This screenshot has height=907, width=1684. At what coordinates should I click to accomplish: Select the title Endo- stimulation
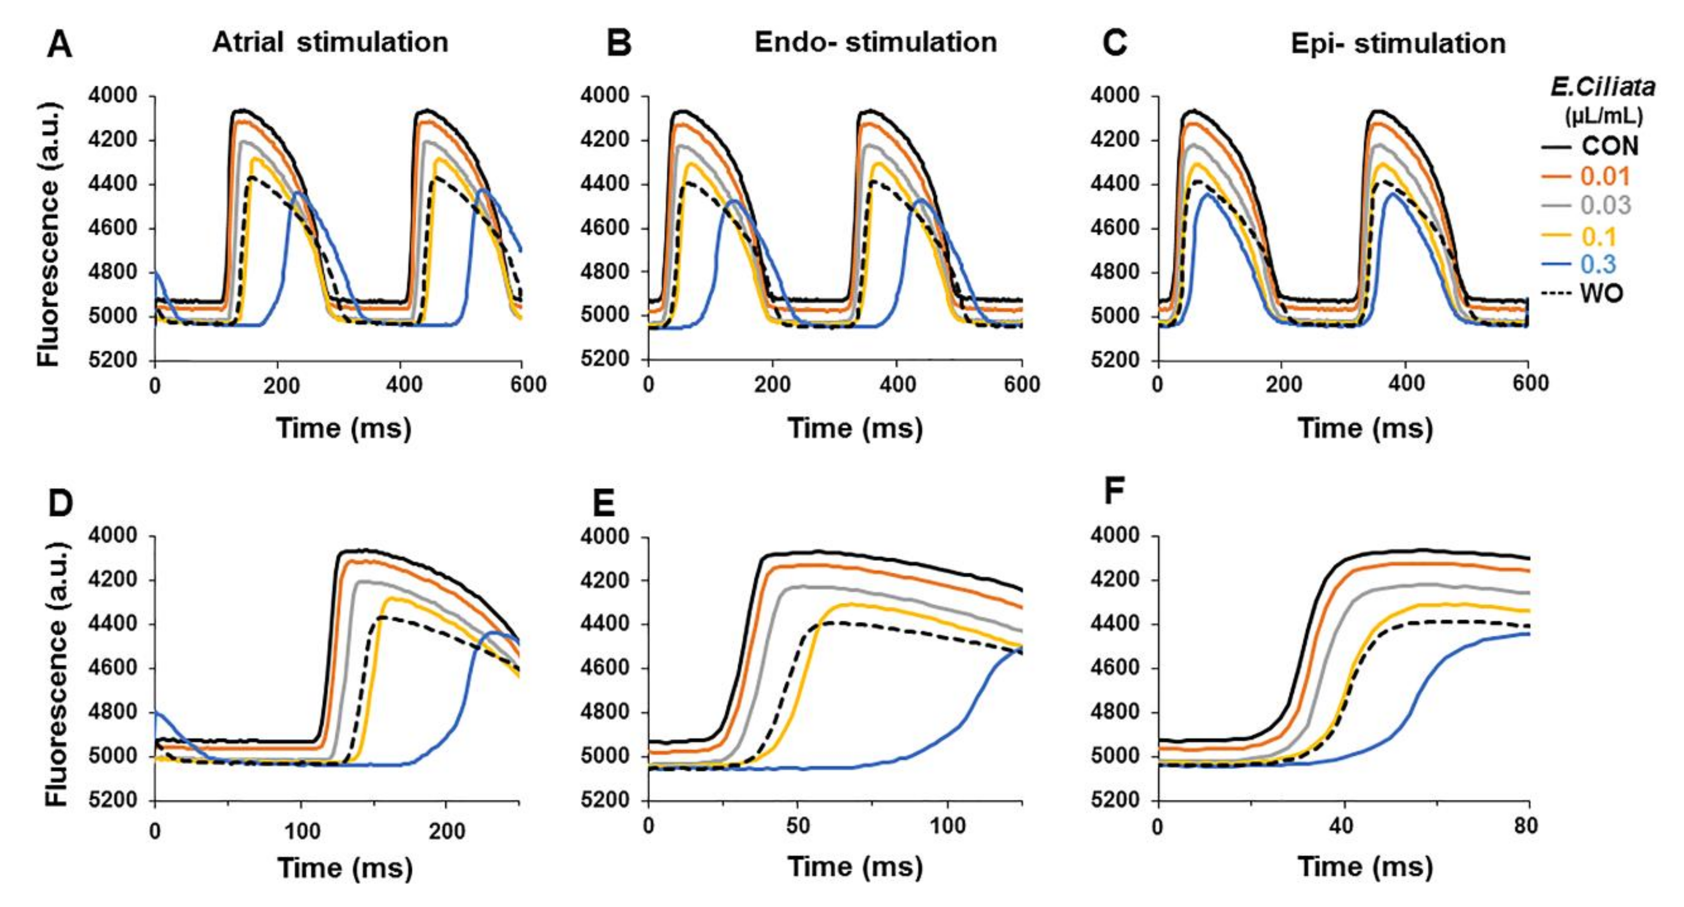(875, 43)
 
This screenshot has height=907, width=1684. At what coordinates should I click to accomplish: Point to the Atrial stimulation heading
(330, 43)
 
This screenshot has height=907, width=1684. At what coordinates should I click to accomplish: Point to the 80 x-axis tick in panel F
(1526, 826)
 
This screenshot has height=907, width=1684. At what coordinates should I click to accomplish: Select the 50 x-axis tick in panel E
(798, 826)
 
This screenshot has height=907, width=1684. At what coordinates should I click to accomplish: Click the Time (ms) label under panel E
(855, 866)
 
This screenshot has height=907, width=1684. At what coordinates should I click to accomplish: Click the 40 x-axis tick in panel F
(1342, 826)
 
